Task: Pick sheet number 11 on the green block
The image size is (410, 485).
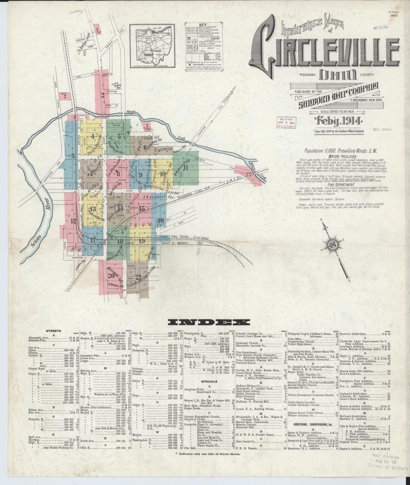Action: pos(186,167)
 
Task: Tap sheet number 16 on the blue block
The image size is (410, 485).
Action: pos(161,220)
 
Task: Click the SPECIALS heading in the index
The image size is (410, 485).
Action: pos(210,381)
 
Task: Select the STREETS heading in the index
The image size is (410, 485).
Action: pos(54,331)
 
